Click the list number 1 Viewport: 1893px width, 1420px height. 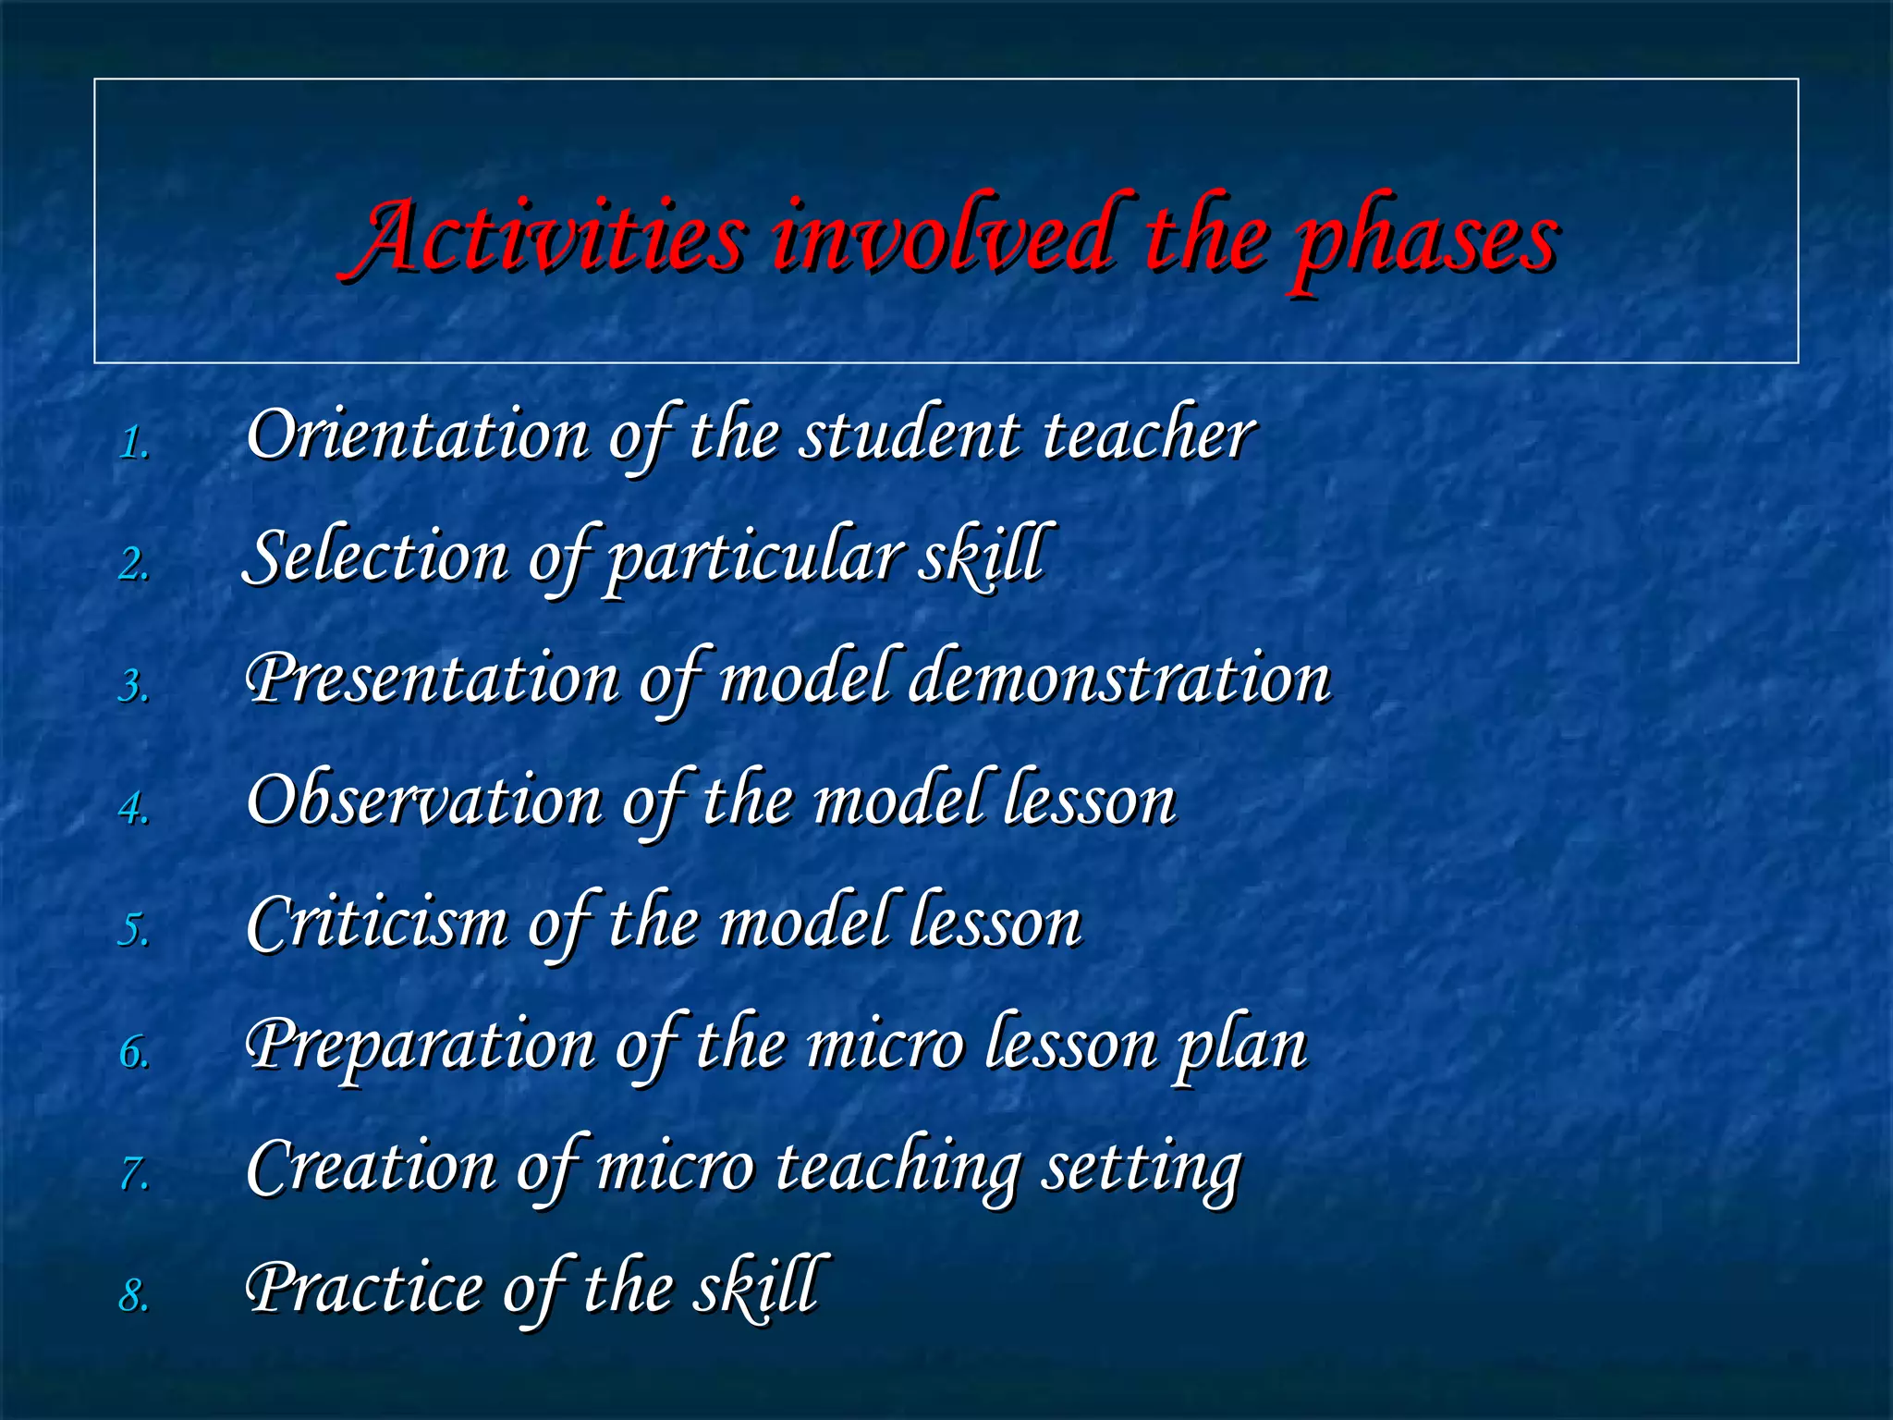tap(134, 444)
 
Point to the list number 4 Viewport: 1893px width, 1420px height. tap(134, 808)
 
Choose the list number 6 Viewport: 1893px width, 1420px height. tap(134, 1052)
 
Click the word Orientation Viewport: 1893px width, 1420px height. tap(418, 435)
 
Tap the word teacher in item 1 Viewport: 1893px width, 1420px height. tap(1148, 435)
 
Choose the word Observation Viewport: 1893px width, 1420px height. tap(424, 800)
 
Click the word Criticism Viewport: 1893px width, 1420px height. tap(377, 922)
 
